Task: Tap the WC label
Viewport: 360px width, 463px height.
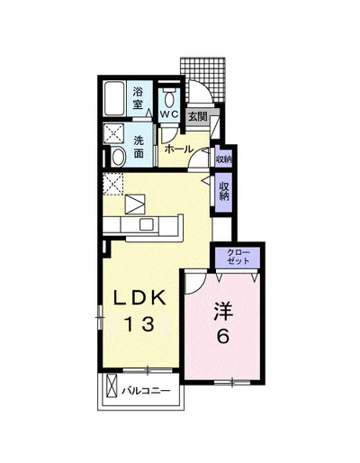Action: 169,114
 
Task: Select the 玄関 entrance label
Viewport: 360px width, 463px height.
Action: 198,116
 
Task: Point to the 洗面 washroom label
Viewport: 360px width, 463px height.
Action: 139,147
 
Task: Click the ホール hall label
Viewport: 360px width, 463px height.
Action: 179,149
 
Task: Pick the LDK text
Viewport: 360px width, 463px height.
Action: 139,299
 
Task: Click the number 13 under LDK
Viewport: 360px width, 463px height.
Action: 139,324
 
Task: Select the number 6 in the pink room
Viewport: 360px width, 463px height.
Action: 223,336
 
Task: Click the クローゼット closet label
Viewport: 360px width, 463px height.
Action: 238,256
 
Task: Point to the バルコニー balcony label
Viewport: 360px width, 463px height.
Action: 146,391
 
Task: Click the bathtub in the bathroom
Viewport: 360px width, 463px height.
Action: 114,98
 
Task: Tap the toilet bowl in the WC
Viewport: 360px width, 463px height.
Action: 169,98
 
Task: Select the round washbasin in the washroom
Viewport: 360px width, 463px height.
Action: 118,157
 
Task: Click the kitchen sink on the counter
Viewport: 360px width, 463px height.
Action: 147,224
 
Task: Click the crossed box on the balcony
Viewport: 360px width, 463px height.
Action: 112,386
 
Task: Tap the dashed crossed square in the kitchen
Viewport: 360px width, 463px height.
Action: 113,184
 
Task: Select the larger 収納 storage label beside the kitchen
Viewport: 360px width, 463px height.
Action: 224,191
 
